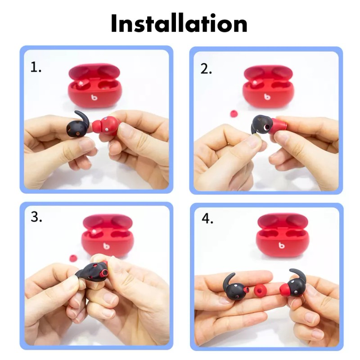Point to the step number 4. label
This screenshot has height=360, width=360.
pyautogui.click(x=207, y=219)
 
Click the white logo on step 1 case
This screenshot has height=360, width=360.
pyautogui.click(x=94, y=97)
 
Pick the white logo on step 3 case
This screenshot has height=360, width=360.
pyautogui.click(x=106, y=246)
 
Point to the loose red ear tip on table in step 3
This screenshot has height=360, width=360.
pyautogui.click(x=73, y=258)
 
